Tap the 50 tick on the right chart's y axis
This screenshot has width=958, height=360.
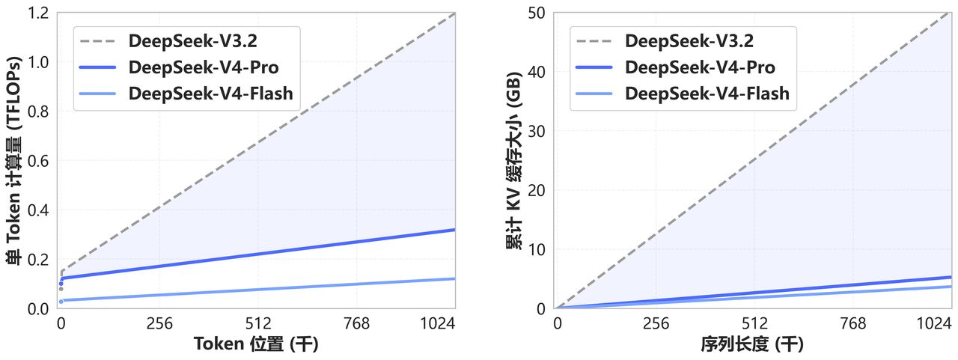539,13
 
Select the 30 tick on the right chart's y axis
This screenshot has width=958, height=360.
539,131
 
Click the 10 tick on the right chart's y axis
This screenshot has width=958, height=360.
539,249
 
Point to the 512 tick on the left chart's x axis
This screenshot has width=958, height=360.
258,323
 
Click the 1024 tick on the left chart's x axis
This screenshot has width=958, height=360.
439,323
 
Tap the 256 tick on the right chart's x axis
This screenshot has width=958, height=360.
656,323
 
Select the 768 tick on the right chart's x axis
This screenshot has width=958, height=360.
853,323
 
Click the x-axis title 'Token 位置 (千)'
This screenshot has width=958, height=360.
257,344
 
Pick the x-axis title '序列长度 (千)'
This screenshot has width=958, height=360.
752,344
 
